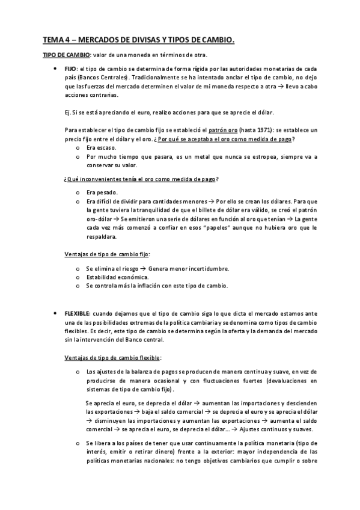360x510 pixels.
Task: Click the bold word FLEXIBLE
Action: (77, 314)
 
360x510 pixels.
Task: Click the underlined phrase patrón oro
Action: (217, 130)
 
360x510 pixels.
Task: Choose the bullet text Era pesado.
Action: (100, 192)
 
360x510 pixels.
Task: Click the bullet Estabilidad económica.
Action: (117, 277)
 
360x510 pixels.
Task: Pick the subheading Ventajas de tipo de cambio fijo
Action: (107, 254)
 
